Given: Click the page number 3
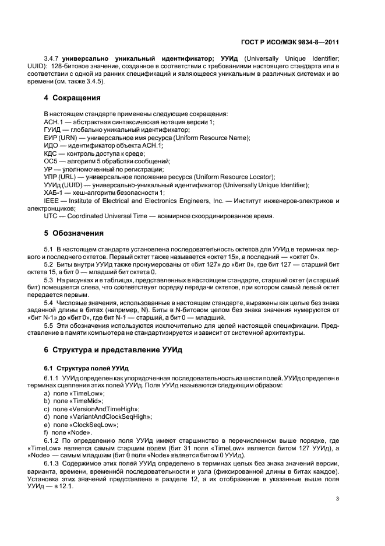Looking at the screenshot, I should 337,498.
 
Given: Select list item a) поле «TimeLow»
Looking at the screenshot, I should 74,394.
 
